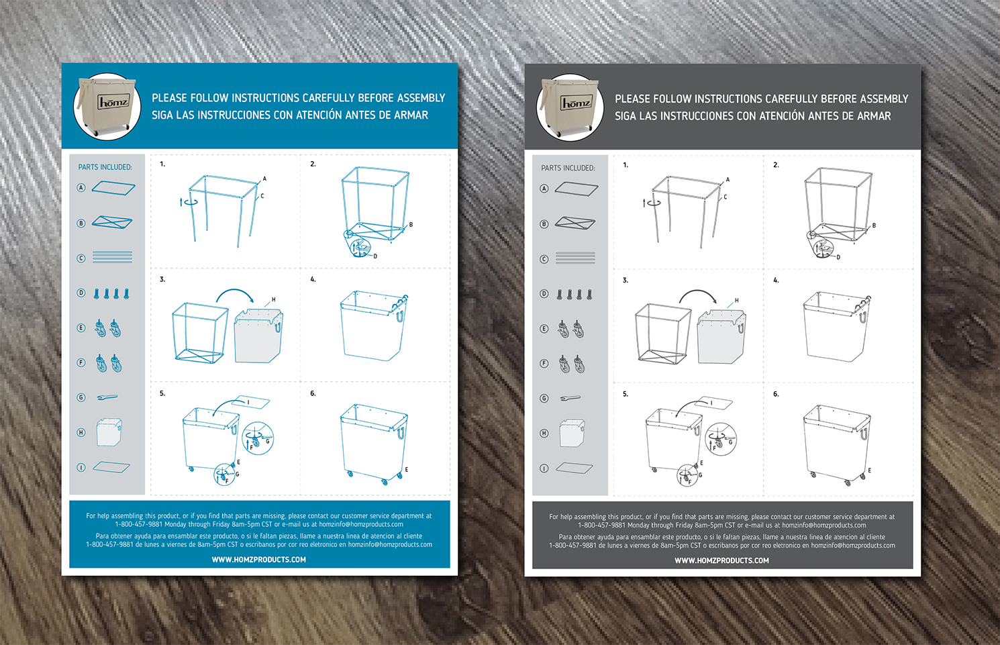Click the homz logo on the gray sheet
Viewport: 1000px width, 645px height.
(x=576, y=103)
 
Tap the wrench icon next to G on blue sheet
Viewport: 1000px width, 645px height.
(x=107, y=397)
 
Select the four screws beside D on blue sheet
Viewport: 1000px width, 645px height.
(x=111, y=293)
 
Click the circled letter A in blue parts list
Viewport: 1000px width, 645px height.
(x=81, y=188)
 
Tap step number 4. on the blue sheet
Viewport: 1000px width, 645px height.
(x=313, y=279)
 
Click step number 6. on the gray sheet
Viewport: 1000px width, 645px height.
(x=776, y=394)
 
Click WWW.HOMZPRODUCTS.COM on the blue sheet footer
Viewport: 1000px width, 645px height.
(x=259, y=559)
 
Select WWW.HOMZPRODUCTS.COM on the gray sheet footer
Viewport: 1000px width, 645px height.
(x=722, y=560)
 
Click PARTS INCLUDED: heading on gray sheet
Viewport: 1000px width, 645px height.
(x=568, y=168)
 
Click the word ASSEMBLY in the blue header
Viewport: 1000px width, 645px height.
(x=421, y=98)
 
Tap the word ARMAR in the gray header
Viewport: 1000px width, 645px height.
(x=874, y=116)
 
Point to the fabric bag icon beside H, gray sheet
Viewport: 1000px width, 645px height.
(x=572, y=434)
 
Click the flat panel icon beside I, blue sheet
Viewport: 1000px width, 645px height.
(x=111, y=467)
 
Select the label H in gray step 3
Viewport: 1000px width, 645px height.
(x=736, y=301)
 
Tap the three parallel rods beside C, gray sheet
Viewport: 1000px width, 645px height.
(x=575, y=258)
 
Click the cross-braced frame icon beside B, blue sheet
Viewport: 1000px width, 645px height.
(x=111, y=222)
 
